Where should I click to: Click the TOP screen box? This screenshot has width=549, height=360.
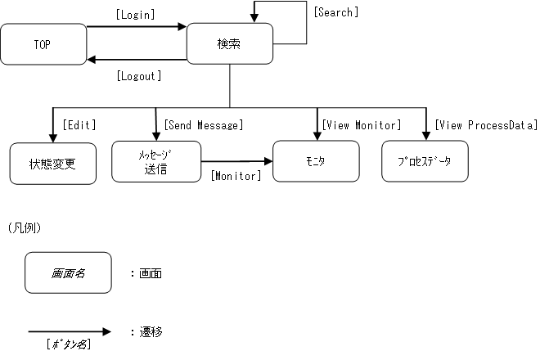(x=43, y=44)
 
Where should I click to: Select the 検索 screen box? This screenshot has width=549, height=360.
(x=229, y=44)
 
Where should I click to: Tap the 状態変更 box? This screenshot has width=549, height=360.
(x=52, y=162)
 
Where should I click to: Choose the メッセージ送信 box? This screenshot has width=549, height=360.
(x=156, y=161)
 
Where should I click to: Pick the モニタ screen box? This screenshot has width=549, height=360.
(x=315, y=161)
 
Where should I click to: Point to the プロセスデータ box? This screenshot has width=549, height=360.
(x=425, y=161)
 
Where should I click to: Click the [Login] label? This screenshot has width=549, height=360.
(x=136, y=15)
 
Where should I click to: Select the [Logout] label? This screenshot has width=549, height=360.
(x=139, y=76)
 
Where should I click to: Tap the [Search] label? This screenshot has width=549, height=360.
(x=335, y=12)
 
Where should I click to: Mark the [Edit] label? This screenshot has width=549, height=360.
(x=79, y=125)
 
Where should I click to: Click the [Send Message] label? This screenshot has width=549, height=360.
(x=203, y=125)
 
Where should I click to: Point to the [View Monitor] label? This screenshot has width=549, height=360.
(x=361, y=125)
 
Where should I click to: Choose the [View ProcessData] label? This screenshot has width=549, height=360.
(x=486, y=125)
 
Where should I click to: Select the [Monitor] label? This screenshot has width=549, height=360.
(x=236, y=176)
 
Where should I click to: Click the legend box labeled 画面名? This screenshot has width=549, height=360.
(x=68, y=272)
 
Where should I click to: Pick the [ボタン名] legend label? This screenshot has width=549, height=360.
(x=69, y=344)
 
